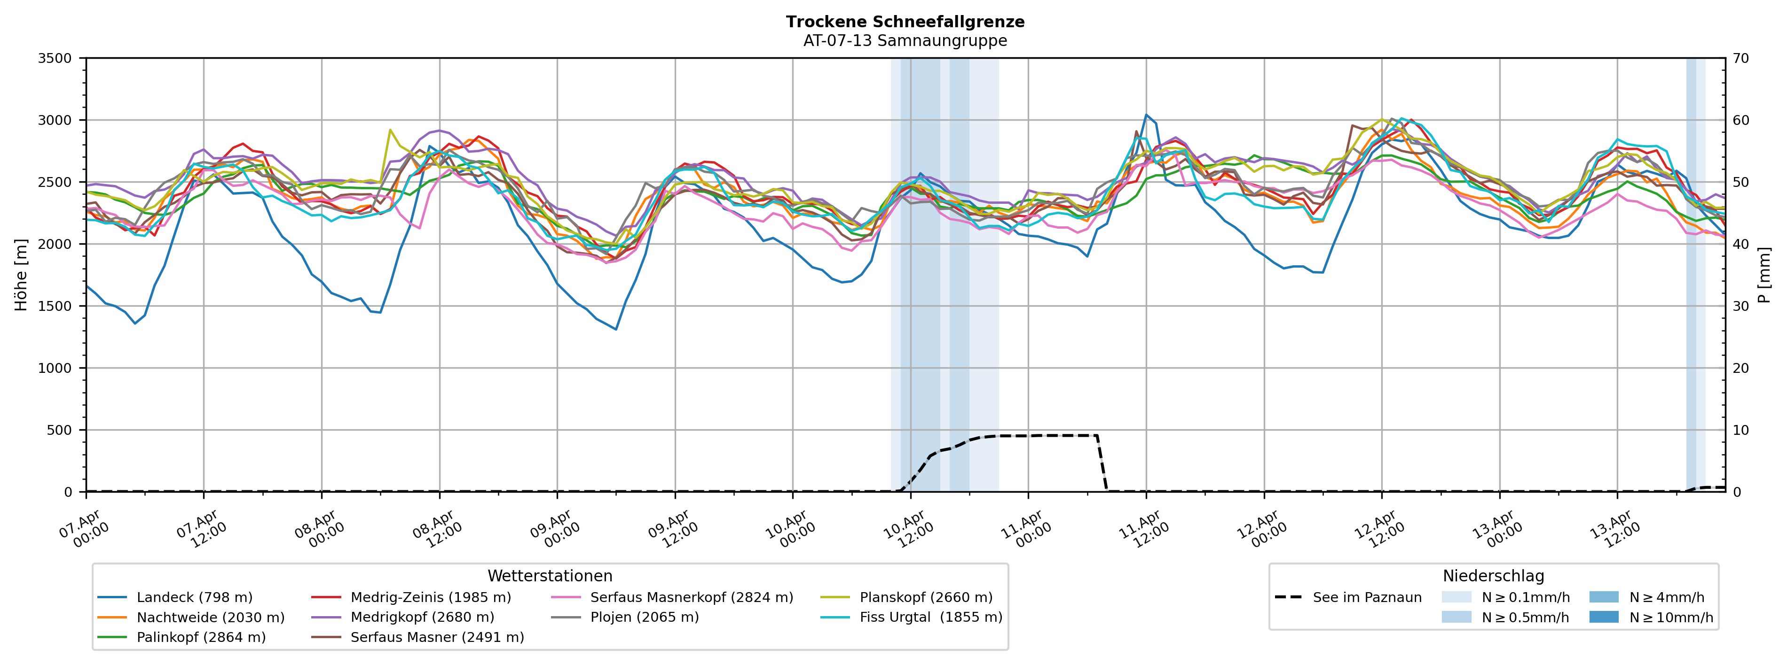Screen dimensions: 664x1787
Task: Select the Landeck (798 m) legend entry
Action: pos(194,597)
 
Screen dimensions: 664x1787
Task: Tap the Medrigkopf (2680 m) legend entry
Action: pos(422,617)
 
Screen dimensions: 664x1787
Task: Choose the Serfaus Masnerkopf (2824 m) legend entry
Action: pos(691,597)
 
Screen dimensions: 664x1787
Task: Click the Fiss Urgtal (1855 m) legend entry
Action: pos(930,617)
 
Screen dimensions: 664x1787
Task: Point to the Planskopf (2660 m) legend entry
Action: pos(925,597)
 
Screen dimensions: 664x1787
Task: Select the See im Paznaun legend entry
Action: pos(1367,597)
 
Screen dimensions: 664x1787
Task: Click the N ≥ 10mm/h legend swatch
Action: pos(1603,617)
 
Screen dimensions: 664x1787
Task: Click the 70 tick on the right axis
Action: pos(1740,58)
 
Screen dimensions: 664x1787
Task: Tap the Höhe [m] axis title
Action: pos(21,275)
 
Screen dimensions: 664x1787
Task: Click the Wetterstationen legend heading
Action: pos(550,576)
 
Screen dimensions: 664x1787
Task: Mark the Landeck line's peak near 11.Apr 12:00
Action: pos(1146,115)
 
